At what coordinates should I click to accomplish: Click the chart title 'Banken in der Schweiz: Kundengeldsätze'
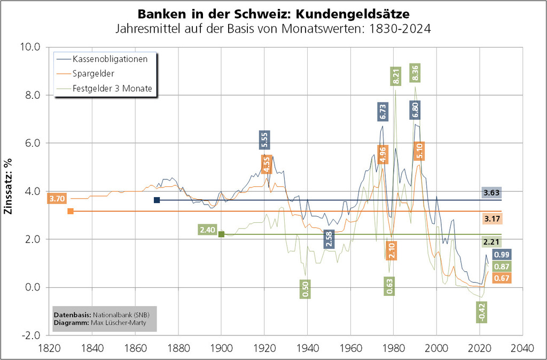click(x=273, y=13)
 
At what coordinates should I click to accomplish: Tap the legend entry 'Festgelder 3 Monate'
click(x=112, y=89)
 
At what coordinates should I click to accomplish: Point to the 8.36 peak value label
click(x=414, y=72)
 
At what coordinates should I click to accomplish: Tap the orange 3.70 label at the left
click(x=57, y=199)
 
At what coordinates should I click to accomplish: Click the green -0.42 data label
click(x=482, y=312)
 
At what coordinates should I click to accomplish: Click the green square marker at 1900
click(x=221, y=234)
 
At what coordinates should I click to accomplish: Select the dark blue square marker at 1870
click(x=157, y=200)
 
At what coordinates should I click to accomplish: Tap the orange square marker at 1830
click(x=71, y=212)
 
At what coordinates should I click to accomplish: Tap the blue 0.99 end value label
click(x=502, y=255)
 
